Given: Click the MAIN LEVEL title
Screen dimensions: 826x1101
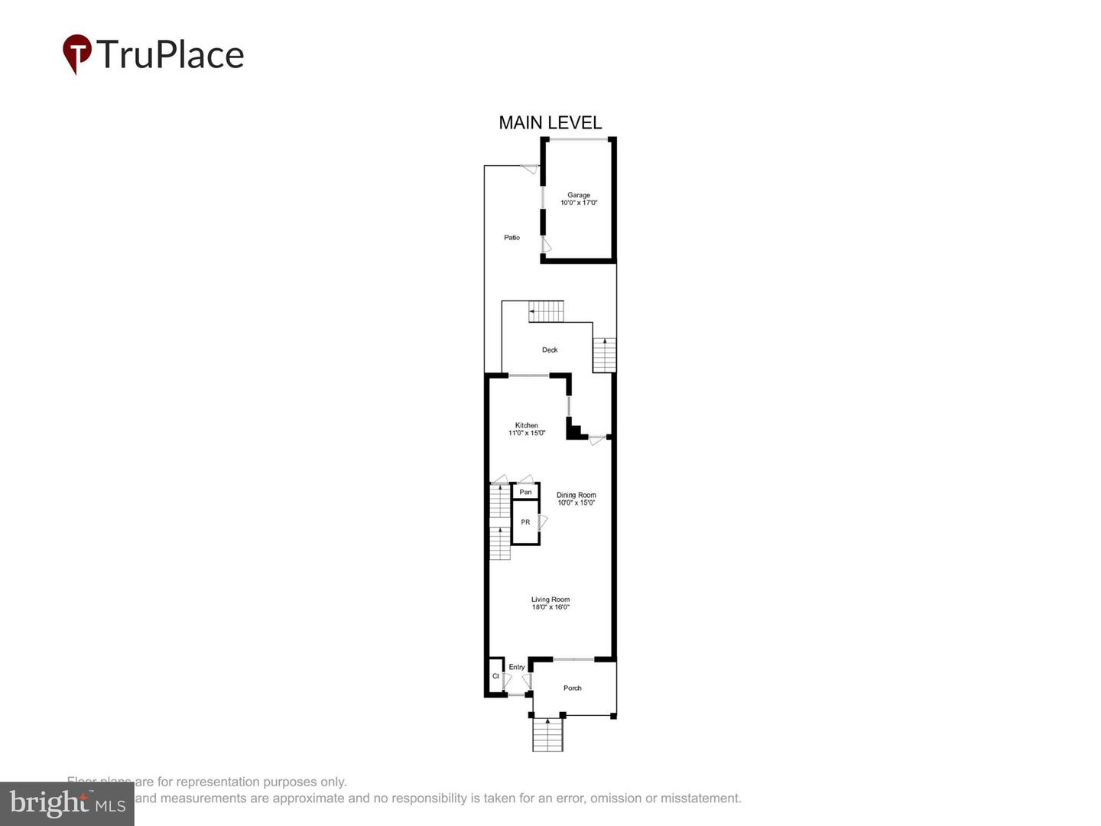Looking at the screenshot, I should point(550,122).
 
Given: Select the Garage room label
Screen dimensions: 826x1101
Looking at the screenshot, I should point(579,195).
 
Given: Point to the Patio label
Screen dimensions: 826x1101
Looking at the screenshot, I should point(512,238).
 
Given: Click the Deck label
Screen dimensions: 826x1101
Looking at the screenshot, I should point(550,350).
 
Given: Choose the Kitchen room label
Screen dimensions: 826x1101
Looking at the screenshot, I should point(526,425).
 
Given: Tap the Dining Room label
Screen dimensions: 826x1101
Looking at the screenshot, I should point(576,495).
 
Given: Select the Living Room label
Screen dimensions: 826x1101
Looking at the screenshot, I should point(550,600).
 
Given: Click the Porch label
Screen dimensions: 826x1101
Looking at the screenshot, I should point(573,688).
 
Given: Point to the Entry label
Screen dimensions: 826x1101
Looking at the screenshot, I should point(517,667).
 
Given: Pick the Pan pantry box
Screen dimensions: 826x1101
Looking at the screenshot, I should point(525,492).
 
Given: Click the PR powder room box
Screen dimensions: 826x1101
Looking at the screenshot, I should point(525,522).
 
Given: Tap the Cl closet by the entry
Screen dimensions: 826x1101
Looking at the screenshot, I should point(495,676).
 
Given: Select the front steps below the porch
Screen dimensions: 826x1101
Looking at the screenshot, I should point(547,736).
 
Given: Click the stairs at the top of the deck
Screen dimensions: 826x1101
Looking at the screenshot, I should point(546,311).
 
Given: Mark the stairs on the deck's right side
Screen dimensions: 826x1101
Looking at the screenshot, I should point(604,355).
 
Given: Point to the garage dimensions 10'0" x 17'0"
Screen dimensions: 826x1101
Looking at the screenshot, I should point(579,203).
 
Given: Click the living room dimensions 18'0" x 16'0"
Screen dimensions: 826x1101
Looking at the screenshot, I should point(550,607).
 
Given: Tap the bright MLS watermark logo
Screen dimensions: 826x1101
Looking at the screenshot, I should point(67,803).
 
